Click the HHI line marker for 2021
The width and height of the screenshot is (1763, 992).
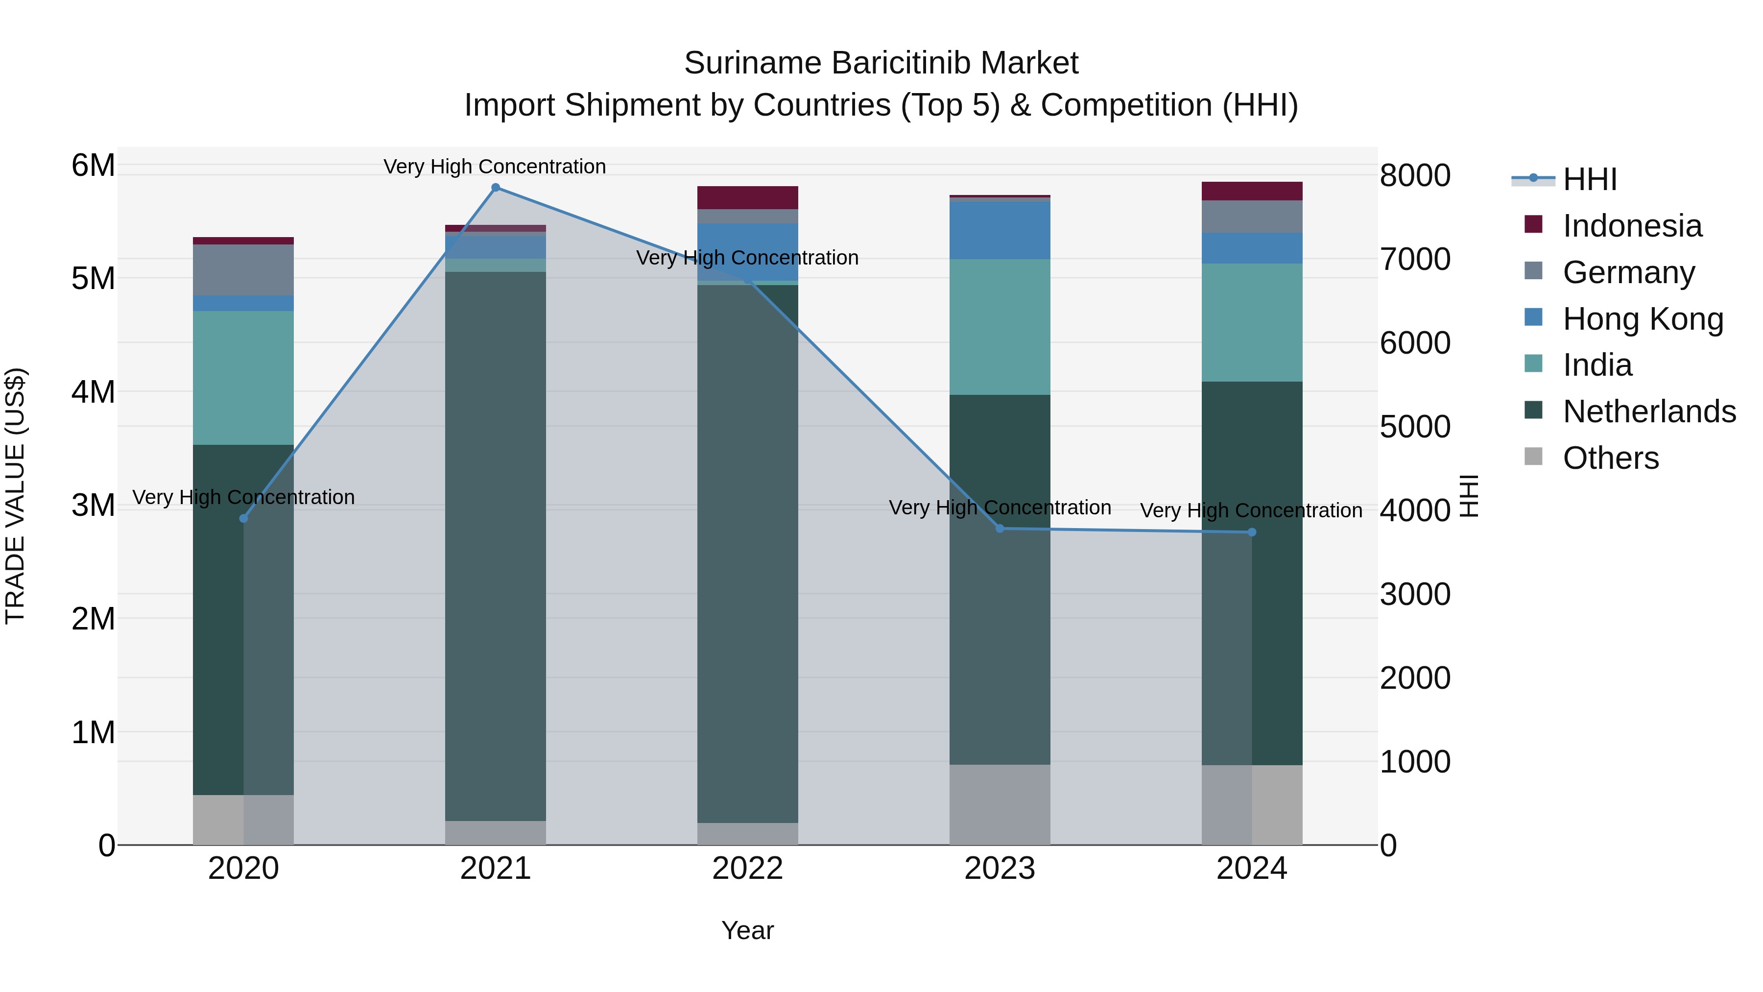tap(496, 188)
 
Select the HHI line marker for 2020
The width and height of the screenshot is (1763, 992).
tap(244, 519)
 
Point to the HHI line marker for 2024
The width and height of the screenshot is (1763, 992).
tap(1252, 532)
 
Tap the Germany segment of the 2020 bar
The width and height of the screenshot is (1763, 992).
tap(244, 270)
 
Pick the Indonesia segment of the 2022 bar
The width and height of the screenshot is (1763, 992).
tap(747, 197)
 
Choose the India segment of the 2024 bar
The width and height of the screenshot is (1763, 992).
tap(1252, 322)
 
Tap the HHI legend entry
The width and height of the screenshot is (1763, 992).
tap(1589, 179)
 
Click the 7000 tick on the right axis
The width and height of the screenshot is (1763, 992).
tap(1414, 260)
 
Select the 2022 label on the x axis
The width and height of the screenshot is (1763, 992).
tap(747, 869)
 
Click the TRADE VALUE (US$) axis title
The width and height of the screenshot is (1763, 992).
tap(16, 496)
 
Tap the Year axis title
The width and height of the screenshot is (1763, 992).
tap(747, 930)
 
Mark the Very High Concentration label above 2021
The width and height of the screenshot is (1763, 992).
tap(494, 167)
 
